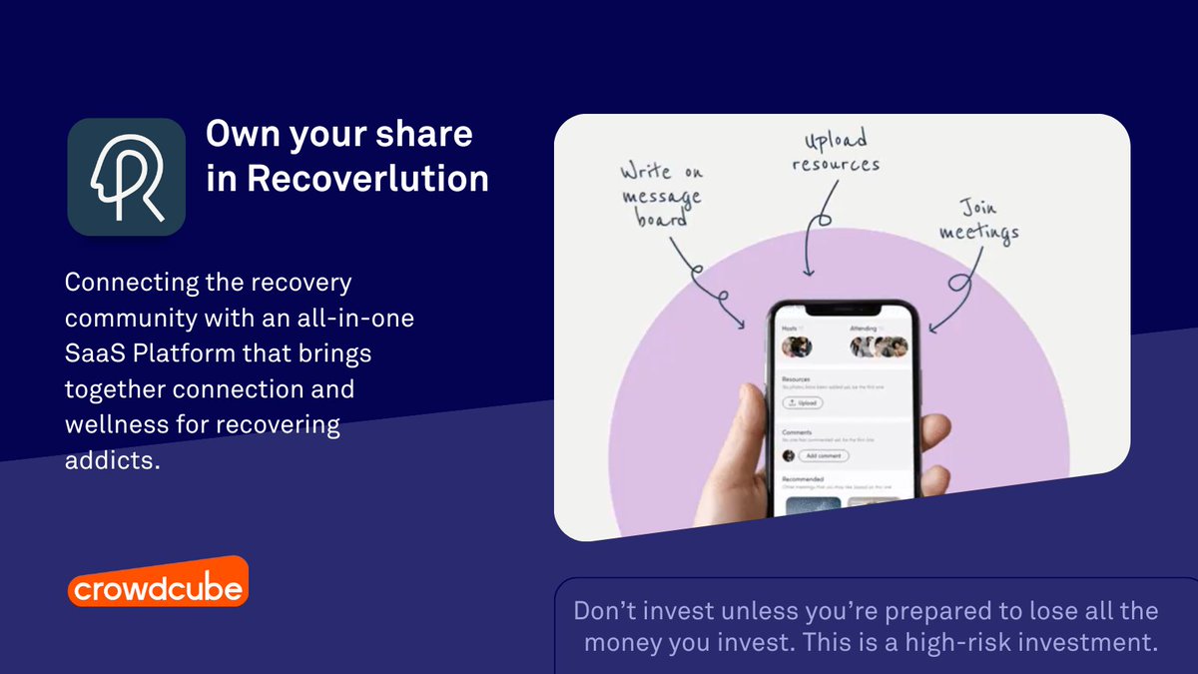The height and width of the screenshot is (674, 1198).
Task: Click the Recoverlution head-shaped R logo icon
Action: pos(126,177)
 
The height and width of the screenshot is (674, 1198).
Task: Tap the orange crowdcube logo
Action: pos(158,587)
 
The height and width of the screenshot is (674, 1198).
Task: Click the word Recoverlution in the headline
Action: pos(367,178)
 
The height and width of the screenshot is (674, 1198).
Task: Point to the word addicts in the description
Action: pos(111,460)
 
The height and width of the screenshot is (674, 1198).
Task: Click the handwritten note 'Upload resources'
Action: pos(836,151)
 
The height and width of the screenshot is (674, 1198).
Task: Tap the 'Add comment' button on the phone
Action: pos(824,455)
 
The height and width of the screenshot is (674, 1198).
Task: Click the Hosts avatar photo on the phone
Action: pos(797,346)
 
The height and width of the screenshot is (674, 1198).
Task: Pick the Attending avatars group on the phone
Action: pos(879,346)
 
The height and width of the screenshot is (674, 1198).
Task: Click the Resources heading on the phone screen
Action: pos(796,379)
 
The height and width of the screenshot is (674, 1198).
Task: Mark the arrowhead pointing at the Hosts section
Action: pos(740,324)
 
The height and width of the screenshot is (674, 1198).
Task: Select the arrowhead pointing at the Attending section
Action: pos(932,327)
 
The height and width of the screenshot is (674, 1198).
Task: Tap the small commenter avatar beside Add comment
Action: pos(789,455)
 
